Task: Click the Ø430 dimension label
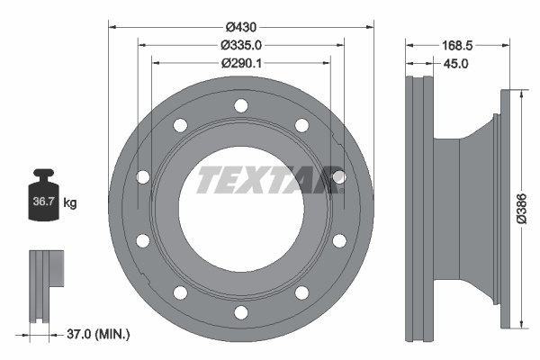click(241, 25)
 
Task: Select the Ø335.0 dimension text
click(241, 44)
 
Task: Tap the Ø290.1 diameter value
click(241, 62)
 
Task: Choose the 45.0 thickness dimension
click(455, 63)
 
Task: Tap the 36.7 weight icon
click(44, 201)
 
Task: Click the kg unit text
click(70, 203)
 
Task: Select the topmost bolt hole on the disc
click(240, 106)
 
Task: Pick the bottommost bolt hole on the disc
click(240, 312)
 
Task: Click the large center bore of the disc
click(240, 209)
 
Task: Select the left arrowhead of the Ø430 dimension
click(112, 25)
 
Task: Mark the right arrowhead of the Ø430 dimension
click(369, 25)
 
